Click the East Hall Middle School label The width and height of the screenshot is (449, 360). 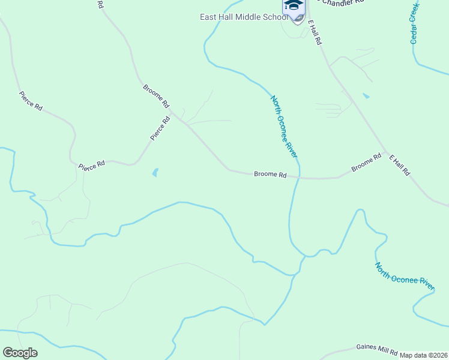click(x=240, y=17)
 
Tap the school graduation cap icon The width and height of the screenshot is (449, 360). click(x=294, y=5)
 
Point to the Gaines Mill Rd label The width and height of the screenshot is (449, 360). click(x=376, y=349)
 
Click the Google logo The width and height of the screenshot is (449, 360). click(x=20, y=353)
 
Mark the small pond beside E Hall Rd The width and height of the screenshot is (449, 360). click(x=366, y=95)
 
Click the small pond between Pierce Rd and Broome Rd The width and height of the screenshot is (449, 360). click(x=155, y=173)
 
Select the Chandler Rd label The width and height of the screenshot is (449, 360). click(x=343, y=2)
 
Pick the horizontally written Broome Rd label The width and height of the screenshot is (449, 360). click(x=270, y=175)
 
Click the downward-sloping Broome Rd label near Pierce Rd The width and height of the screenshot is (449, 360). click(x=155, y=96)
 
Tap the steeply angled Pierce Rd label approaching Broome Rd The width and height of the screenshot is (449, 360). click(x=160, y=128)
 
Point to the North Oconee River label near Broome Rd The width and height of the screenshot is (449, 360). click(x=284, y=127)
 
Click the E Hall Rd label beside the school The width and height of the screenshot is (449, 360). click(x=316, y=33)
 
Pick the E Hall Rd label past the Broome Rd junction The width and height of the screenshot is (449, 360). click(x=399, y=165)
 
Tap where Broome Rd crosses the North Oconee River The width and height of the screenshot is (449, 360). click(x=297, y=178)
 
